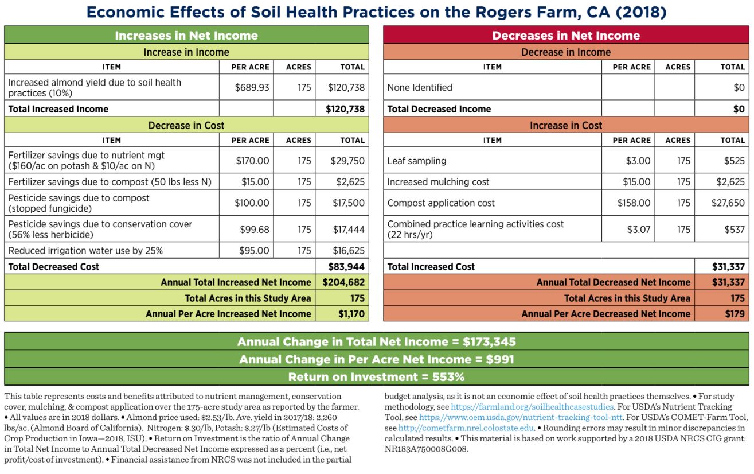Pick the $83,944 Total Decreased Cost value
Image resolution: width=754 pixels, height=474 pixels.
[x=346, y=267]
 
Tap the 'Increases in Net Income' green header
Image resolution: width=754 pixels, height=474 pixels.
[x=186, y=36]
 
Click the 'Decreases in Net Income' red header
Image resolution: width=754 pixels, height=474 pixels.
[x=566, y=36]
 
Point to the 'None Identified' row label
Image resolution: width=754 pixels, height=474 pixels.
[x=420, y=88]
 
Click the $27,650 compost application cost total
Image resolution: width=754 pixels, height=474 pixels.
[x=728, y=203]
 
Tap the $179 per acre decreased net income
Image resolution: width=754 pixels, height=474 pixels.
[x=735, y=314]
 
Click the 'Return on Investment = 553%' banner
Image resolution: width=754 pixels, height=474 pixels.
[x=376, y=377]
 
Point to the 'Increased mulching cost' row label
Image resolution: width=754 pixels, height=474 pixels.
[x=438, y=182]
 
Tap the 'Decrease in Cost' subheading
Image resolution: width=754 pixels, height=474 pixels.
[x=186, y=125]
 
